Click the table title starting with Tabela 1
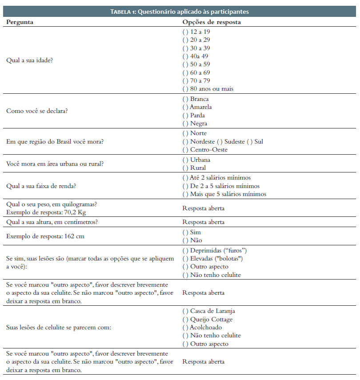pyautogui.click(x=180, y=12)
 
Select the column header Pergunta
pyautogui.click(x=20, y=22)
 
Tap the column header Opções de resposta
pyautogui.click(x=212, y=22)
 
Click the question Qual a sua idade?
pyautogui.click(x=29, y=60)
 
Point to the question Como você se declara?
pyautogui.click(x=37, y=111)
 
